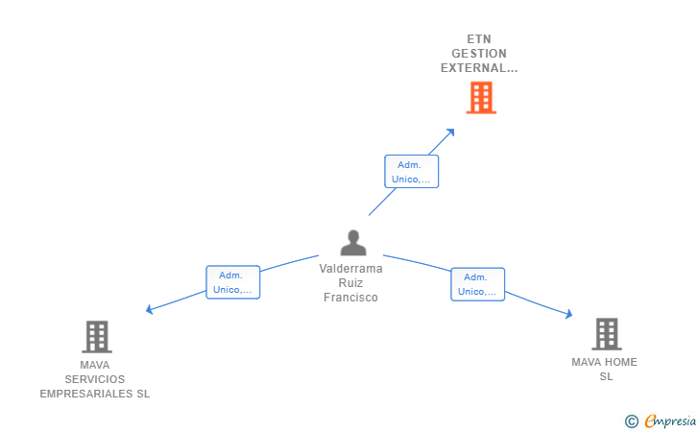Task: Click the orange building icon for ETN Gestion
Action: coord(481,98)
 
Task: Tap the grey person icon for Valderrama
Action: coord(353,243)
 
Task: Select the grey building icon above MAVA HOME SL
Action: coord(606,334)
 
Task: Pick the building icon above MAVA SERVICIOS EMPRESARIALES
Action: coord(96,337)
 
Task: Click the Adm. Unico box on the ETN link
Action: coord(411,172)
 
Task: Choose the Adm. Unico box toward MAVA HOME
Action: coord(477,284)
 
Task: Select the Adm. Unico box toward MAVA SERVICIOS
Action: coord(232,282)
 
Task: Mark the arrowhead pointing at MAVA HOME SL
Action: coord(568,314)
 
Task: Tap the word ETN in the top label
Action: coord(478,39)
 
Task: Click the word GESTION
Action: coord(478,54)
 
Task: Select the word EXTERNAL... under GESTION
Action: coord(478,68)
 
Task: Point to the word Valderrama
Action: coord(350,269)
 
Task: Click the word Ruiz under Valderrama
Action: coord(350,283)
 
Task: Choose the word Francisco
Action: coord(350,298)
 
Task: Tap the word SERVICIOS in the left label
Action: coord(95,379)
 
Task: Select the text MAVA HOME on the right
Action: coord(604,362)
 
